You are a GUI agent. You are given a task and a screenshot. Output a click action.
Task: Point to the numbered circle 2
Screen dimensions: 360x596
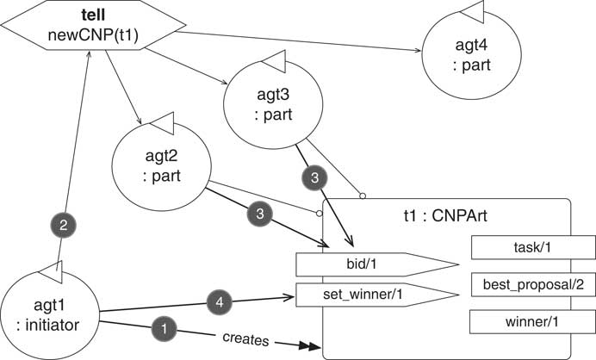pyautogui.click(x=63, y=224)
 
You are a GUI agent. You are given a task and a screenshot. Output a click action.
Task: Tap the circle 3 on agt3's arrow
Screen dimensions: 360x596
pyautogui.click(x=315, y=177)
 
